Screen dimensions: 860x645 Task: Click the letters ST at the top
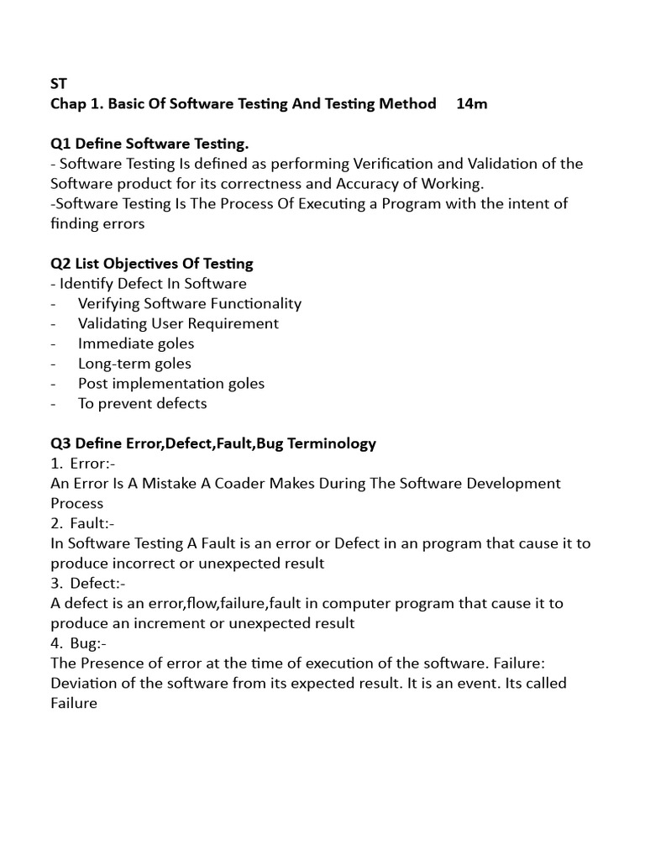(58, 84)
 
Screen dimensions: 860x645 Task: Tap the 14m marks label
(472, 104)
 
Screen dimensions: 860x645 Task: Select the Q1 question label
(61, 144)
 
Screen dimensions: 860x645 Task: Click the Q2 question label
(61, 264)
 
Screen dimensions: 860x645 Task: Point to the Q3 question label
(61, 443)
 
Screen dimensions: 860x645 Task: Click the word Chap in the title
(68, 104)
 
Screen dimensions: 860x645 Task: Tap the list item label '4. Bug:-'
(78, 643)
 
